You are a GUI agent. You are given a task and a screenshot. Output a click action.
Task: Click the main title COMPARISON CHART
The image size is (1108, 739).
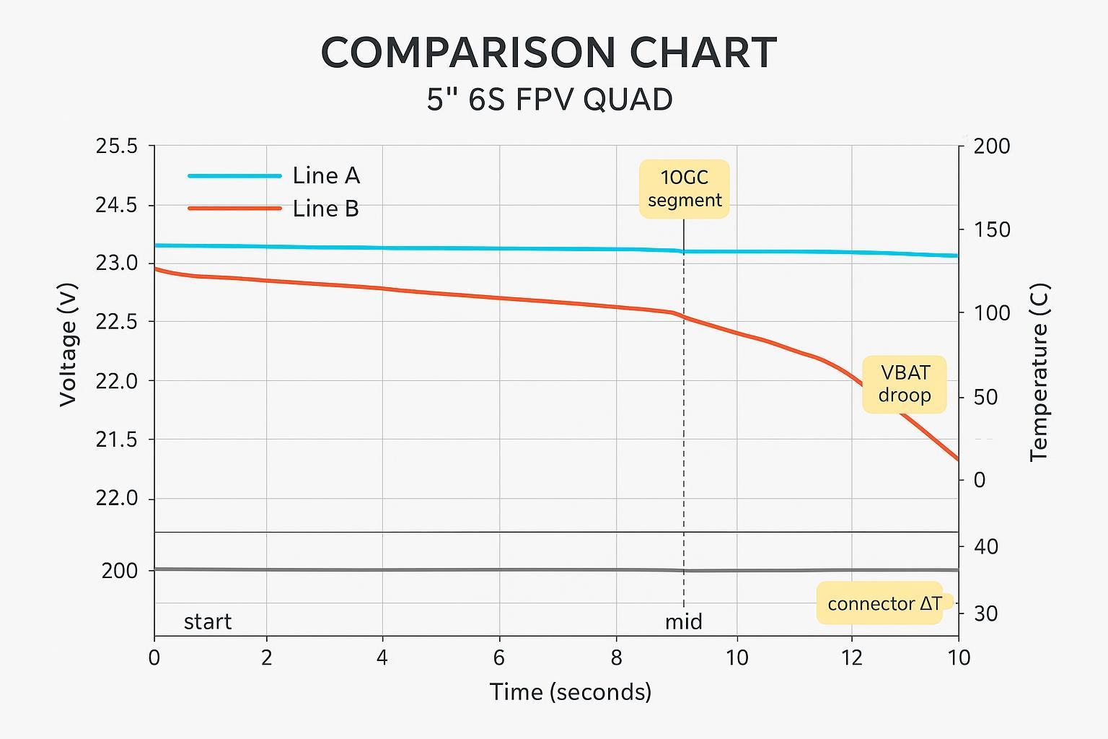pyautogui.click(x=548, y=53)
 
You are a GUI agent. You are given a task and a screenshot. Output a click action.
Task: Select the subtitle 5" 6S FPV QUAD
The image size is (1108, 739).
pyautogui.click(x=550, y=100)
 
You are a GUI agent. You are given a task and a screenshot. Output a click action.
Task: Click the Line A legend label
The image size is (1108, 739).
pyautogui.click(x=325, y=175)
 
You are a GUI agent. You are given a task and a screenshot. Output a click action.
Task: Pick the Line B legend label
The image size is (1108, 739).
pyautogui.click(x=325, y=209)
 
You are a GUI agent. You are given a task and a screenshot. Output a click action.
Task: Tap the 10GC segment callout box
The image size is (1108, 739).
pyautogui.click(x=684, y=188)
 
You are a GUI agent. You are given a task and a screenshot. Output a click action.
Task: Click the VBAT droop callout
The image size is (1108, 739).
pyautogui.click(x=905, y=384)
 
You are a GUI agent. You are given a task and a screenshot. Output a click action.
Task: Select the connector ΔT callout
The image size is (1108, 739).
pyautogui.click(x=884, y=603)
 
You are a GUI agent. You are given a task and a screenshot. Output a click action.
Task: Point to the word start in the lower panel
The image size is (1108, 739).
pyautogui.click(x=208, y=621)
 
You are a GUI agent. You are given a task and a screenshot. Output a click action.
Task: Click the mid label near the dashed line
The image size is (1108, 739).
pyautogui.click(x=683, y=621)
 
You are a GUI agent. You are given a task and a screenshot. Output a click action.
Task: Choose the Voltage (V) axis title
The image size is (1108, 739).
pyautogui.click(x=69, y=344)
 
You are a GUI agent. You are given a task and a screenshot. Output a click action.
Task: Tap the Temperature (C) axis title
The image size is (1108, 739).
pyautogui.click(x=1039, y=372)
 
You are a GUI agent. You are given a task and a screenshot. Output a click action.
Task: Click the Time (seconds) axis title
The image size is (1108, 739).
pyautogui.click(x=571, y=692)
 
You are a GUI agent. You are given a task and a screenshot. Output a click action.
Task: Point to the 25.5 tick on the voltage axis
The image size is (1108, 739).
pyautogui.click(x=116, y=147)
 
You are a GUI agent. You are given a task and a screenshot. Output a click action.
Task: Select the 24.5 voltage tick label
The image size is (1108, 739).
pyautogui.click(x=116, y=206)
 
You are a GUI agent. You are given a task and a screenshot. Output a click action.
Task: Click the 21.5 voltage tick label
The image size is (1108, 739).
pyautogui.click(x=116, y=440)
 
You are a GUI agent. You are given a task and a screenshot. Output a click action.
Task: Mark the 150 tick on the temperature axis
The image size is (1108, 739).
pyautogui.click(x=992, y=230)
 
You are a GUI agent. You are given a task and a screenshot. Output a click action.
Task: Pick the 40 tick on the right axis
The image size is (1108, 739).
pyautogui.click(x=985, y=547)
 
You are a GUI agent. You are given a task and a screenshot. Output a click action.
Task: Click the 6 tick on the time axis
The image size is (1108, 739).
pyautogui.click(x=498, y=657)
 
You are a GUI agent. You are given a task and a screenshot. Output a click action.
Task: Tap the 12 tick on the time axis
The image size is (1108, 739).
pyautogui.click(x=852, y=657)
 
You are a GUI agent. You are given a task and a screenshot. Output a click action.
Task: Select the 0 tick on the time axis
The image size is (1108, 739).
pyautogui.click(x=154, y=657)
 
